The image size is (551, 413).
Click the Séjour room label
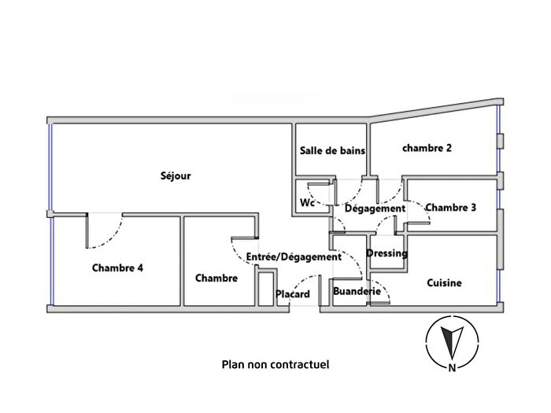pyautogui.click(x=176, y=176)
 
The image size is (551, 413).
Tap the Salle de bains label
pyautogui.click(x=332, y=151)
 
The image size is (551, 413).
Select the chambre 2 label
pyautogui.click(x=427, y=147)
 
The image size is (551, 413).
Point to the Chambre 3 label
pyautogui.click(x=451, y=208)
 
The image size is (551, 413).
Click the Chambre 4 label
pyautogui.click(x=117, y=267)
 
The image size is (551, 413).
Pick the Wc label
pyautogui.click(x=308, y=202)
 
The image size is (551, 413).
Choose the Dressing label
pyautogui.click(x=387, y=253)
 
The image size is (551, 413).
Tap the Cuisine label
pyautogui.click(x=444, y=282)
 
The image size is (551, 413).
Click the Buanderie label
pyautogui.click(x=358, y=292)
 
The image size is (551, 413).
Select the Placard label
pyautogui.click(x=293, y=295)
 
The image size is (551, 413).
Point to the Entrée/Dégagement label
pyautogui.click(x=294, y=256)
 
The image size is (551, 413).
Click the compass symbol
pyautogui.click(x=452, y=341)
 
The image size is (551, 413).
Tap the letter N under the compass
pyautogui.click(x=452, y=367)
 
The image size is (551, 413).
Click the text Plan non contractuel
pyautogui.click(x=275, y=364)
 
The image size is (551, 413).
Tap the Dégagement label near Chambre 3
pyautogui.click(x=375, y=208)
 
